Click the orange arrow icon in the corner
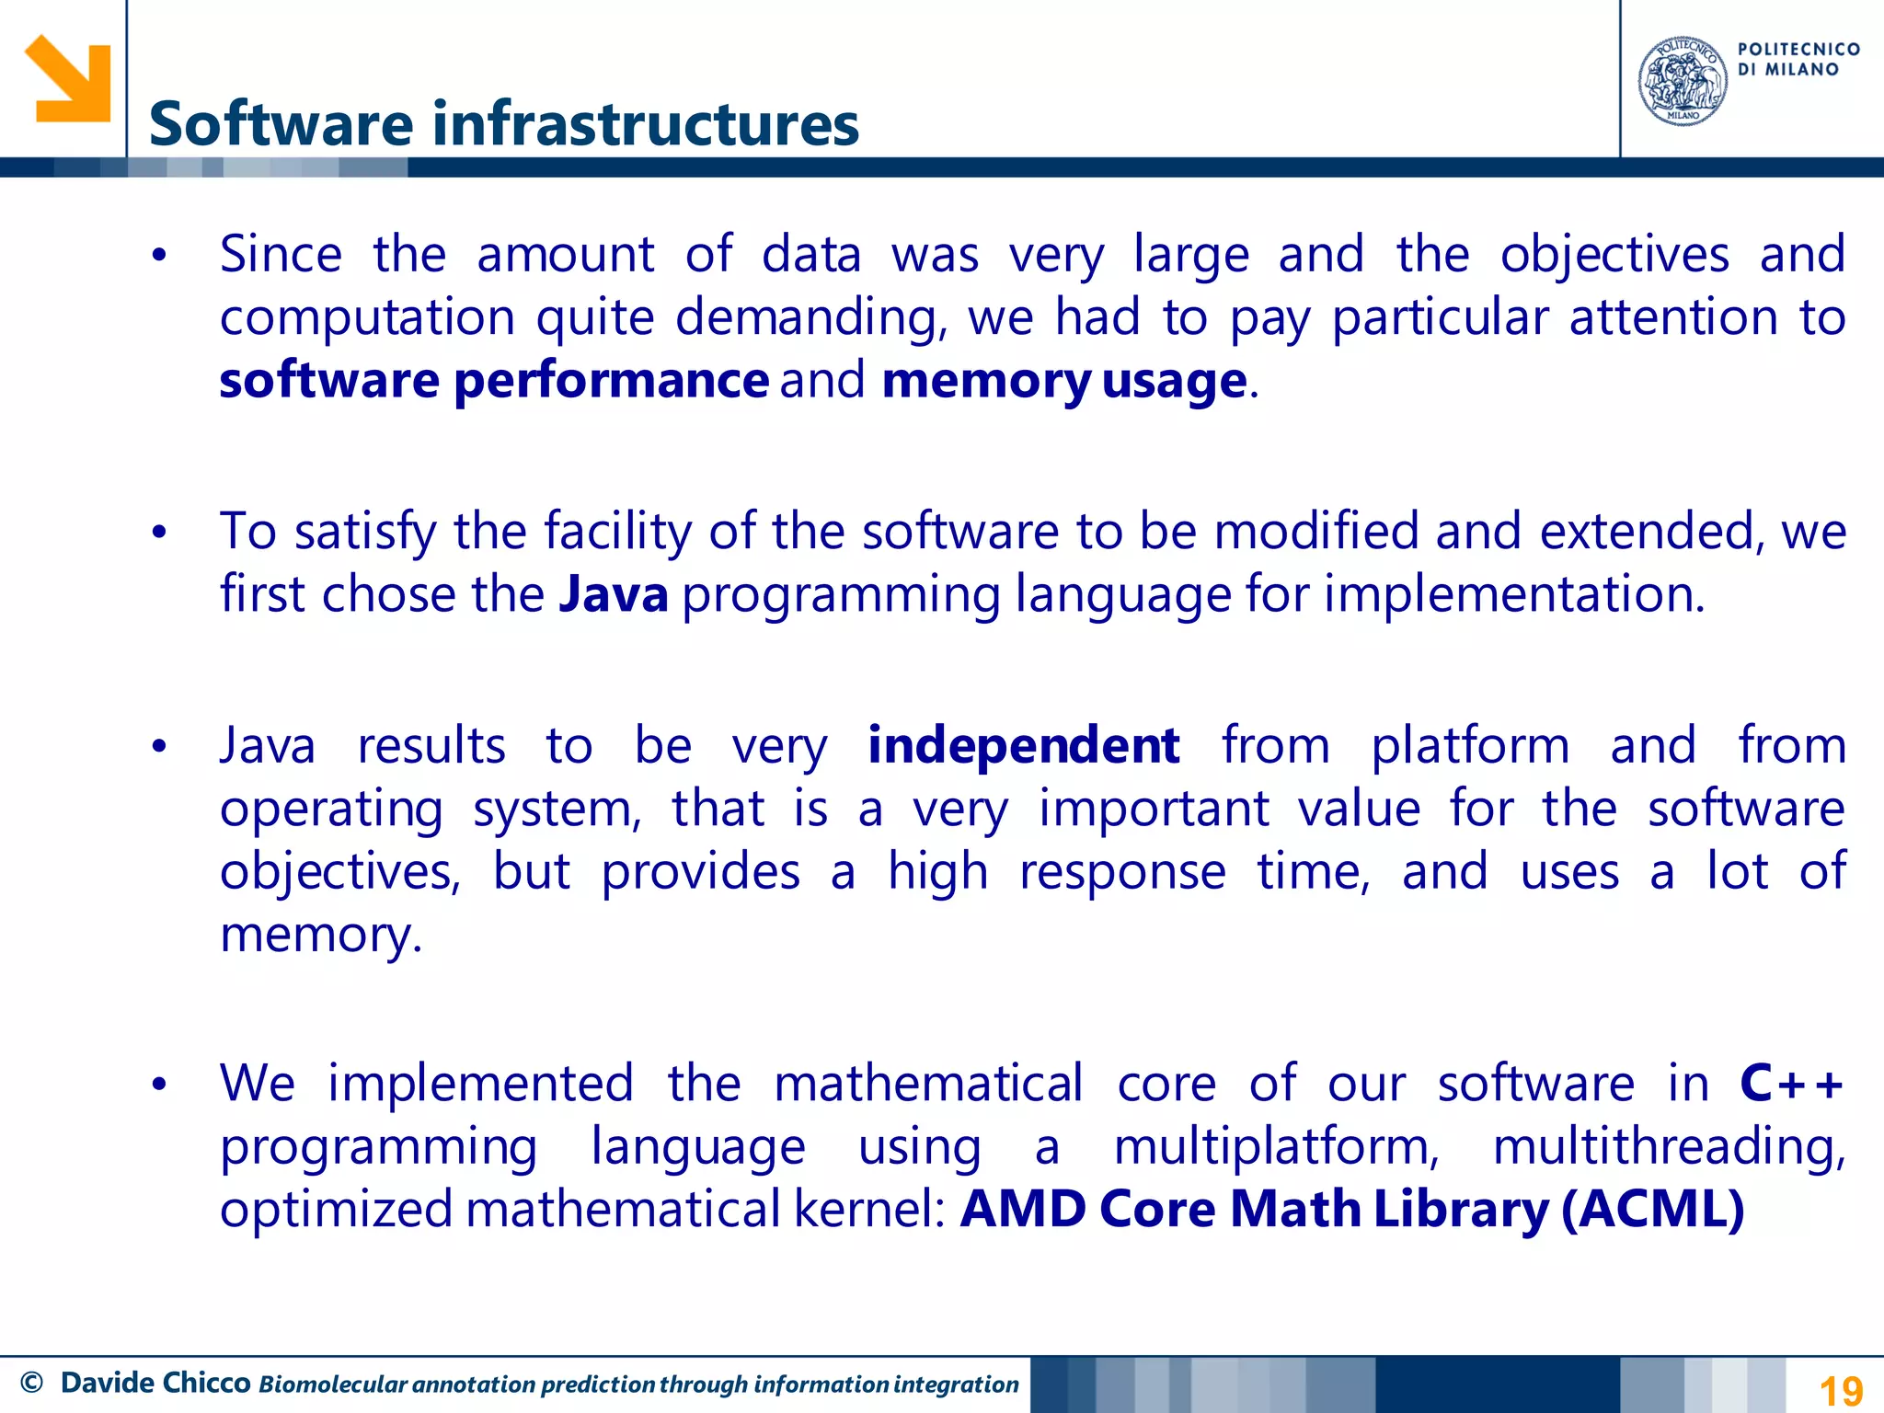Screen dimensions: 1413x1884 [67, 78]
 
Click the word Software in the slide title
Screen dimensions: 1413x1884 [281, 124]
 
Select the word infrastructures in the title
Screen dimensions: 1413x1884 [645, 124]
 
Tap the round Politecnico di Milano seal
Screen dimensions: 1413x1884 [1683, 81]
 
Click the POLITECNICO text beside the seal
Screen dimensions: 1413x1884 [1798, 50]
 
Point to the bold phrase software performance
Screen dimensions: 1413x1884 [494, 380]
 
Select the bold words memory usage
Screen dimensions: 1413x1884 [1064, 380]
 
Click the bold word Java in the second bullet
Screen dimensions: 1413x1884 [614, 594]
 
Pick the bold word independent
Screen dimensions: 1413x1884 [1023, 745]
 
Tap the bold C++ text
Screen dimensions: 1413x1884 [1792, 1083]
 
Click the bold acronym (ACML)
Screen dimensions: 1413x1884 [1653, 1209]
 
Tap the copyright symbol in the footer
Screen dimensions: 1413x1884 [31, 1383]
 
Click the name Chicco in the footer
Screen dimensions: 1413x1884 [206, 1383]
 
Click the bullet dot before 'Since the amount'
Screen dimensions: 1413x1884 [159, 256]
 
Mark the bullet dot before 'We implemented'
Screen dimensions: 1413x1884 [159, 1085]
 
